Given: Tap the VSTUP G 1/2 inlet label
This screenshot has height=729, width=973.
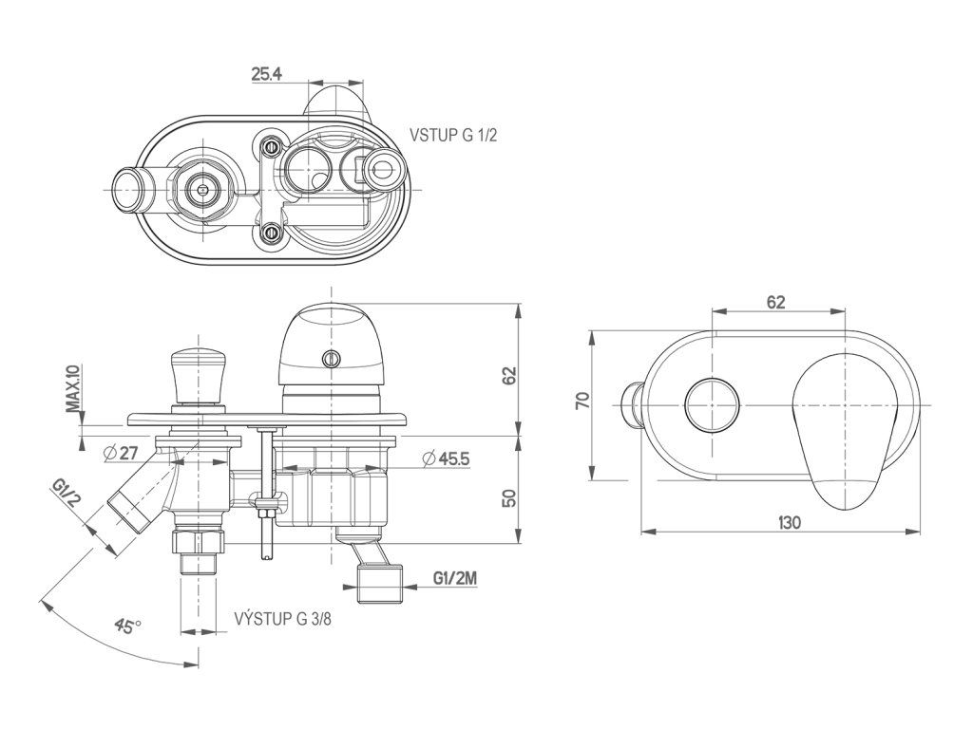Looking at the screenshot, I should click(x=453, y=136).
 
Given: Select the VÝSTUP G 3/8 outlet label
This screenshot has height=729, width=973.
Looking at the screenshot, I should click(x=283, y=620).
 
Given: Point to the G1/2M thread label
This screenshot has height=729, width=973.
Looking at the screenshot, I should click(x=454, y=578).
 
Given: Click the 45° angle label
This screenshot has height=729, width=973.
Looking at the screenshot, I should click(x=126, y=626).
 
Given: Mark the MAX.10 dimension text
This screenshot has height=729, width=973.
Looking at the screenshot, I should click(x=72, y=388).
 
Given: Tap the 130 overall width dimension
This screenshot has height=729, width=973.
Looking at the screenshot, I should click(x=789, y=522).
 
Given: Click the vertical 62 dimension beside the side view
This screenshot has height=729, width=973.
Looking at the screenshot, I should click(x=509, y=375).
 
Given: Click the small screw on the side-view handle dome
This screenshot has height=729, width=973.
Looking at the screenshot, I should click(x=331, y=358).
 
